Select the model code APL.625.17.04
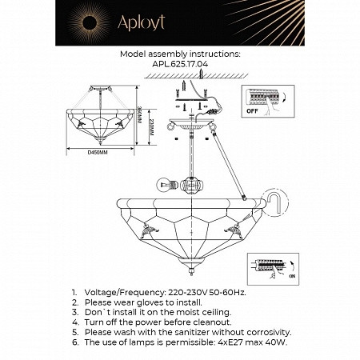179,66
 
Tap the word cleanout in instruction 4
211,322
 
